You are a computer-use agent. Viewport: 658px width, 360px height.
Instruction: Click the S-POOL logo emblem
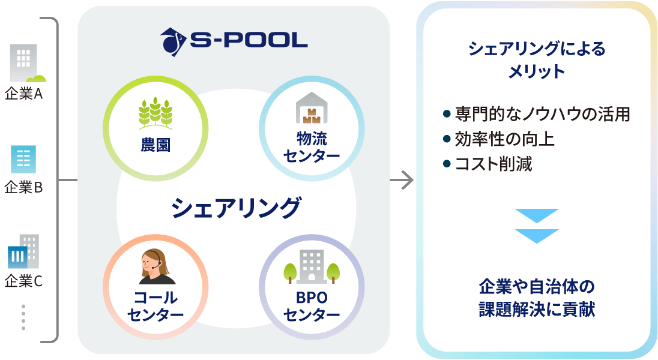coord(173,41)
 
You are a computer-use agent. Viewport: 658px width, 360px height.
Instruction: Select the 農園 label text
coord(155,145)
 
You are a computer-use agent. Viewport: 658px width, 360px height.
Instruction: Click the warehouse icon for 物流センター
coord(312,108)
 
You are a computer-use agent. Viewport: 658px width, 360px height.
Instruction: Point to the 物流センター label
coord(312,147)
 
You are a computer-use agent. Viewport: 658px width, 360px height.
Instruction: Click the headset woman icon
coord(156,267)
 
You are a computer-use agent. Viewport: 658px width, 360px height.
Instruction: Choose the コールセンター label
coord(155,306)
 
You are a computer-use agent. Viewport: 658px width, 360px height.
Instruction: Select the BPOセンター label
coord(312,306)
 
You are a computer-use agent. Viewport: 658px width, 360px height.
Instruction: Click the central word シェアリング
coord(236,208)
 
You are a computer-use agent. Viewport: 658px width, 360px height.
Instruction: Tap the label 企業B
coord(23,187)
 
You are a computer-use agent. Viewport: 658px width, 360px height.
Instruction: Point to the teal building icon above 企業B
coord(23,160)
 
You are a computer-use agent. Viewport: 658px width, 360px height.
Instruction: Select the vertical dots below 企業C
coord(23,317)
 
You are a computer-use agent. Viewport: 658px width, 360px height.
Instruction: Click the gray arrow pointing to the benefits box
coord(402,181)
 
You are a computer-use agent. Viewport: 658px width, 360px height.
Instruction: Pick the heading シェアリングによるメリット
coord(537,60)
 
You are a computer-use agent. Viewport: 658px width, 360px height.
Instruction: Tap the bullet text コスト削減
coord(493,164)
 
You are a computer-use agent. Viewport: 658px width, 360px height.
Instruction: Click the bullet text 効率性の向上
coord(504,139)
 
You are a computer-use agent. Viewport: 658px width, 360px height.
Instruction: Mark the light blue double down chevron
coord(537,226)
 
